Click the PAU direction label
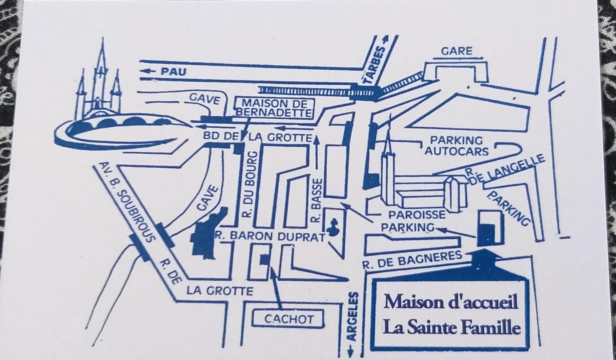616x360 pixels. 173,71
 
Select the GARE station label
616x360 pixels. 456,51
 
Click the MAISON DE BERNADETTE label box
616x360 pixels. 274,108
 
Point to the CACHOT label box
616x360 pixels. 289,319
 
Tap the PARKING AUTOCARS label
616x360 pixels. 456,146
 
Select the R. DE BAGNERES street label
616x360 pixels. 412,260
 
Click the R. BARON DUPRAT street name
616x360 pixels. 270,236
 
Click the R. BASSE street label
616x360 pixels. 316,200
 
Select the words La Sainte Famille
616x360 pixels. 451,328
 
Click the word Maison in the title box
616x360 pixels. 407,302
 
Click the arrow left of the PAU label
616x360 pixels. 149,71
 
